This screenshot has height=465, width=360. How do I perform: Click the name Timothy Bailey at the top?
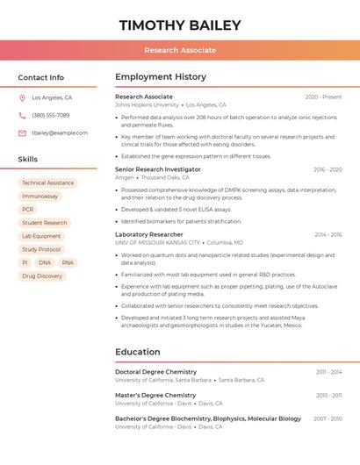pos(180,25)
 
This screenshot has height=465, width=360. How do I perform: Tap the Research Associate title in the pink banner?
pos(180,50)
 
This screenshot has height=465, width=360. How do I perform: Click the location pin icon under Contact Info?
pos(22,98)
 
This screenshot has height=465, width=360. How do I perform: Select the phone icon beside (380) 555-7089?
pos(22,115)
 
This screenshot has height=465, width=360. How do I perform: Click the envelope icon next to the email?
pos(22,133)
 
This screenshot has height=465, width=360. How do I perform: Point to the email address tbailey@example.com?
pos(60,133)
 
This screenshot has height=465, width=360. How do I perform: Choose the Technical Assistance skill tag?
pos(47,183)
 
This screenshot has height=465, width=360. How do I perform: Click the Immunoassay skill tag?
pos(40,197)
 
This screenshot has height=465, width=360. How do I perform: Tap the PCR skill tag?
pos(28,210)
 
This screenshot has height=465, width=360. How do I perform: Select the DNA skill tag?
pos(45,262)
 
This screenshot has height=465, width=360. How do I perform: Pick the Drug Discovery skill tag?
pos(42,275)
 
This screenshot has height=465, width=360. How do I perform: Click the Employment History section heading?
pos(161,77)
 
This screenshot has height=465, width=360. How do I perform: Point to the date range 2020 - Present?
pos(323,97)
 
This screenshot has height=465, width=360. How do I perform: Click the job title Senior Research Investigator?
pos(158,169)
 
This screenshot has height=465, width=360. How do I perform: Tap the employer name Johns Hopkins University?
pos(147,104)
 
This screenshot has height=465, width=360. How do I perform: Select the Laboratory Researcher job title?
pos(149,234)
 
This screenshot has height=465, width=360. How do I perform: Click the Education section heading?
pos(138,352)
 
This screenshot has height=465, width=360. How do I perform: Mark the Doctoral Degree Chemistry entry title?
pos(155,372)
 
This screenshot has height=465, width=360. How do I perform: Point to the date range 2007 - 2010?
pos(328,419)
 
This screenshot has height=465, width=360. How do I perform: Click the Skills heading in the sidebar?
pos(28,159)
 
